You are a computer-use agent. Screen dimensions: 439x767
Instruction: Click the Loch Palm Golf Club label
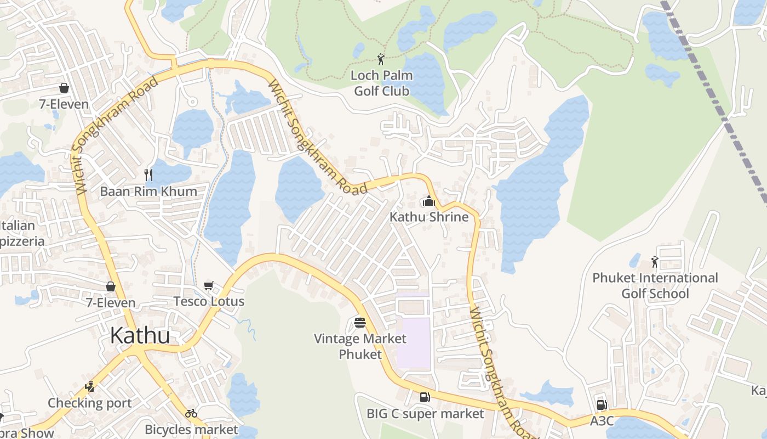click(x=381, y=83)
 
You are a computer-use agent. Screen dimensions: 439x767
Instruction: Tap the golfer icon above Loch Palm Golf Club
click(x=381, y=59)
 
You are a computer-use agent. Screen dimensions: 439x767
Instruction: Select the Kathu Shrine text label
click(x=429, y=217)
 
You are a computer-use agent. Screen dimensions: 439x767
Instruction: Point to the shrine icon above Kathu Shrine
click(x=428, y=201)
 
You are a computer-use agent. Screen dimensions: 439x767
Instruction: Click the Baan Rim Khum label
click(x=148, y=191)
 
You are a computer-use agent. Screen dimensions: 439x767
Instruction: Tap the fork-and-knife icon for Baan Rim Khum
click(x=148, y=175)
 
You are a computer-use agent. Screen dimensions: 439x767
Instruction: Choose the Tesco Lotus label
click(x=209, y=301)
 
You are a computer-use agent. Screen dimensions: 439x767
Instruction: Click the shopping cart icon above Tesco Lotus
click(x=208, y=285)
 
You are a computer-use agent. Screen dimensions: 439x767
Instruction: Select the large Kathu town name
click(x=140, y=335)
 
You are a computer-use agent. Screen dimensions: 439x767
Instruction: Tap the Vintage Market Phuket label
click(x=360, y=346)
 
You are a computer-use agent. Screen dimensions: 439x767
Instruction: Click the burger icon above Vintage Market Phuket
click(x=359, y=322)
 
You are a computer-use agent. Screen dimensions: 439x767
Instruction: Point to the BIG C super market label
click(x=425, y=413)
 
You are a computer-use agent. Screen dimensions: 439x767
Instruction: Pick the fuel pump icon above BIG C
click(x=425, y=397)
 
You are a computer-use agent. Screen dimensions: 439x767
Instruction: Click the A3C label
click(x=602, y=421)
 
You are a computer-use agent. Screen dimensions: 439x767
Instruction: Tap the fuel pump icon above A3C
click(x=602, y=405)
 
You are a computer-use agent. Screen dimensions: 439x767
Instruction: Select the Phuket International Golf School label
click(x=655, y=286)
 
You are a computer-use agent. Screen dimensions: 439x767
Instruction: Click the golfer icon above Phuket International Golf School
click(x=654, y=262)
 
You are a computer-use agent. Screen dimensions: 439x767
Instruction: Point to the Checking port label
click(x=89, y=403)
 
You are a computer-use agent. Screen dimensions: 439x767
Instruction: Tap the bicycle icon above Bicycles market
click(x=191, y=413)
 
